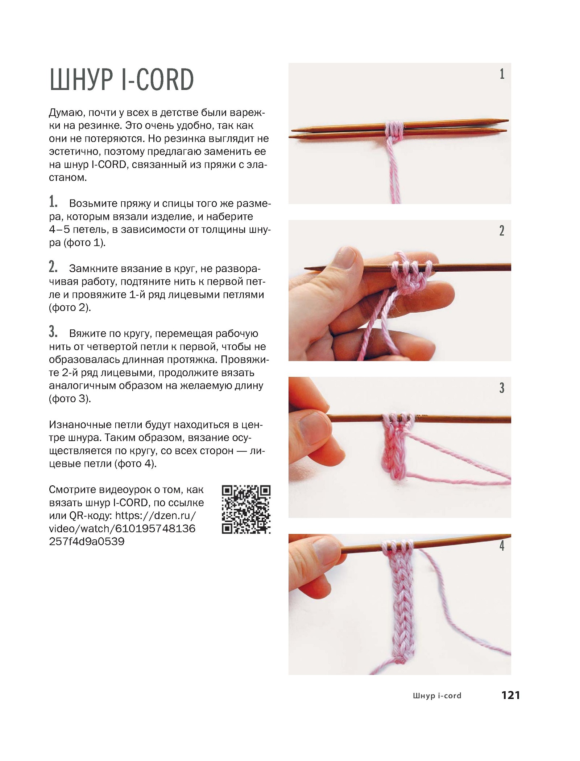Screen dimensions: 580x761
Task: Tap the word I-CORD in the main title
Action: point(158,79)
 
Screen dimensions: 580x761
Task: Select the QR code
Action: point(246,509)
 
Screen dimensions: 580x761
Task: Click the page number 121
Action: point(511,695)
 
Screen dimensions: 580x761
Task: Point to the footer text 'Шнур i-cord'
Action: point(437,696)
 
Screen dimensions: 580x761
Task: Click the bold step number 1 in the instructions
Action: point(53,202)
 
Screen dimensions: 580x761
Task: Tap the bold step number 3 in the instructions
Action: point(53,332)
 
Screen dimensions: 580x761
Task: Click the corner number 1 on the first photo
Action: point(502,74)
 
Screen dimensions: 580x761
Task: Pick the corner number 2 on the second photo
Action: point(502,231)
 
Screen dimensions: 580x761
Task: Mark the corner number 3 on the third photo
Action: point(502,388)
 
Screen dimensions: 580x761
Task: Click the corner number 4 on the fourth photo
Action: point(502,546)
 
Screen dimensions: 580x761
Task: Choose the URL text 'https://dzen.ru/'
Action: point(156,515)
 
